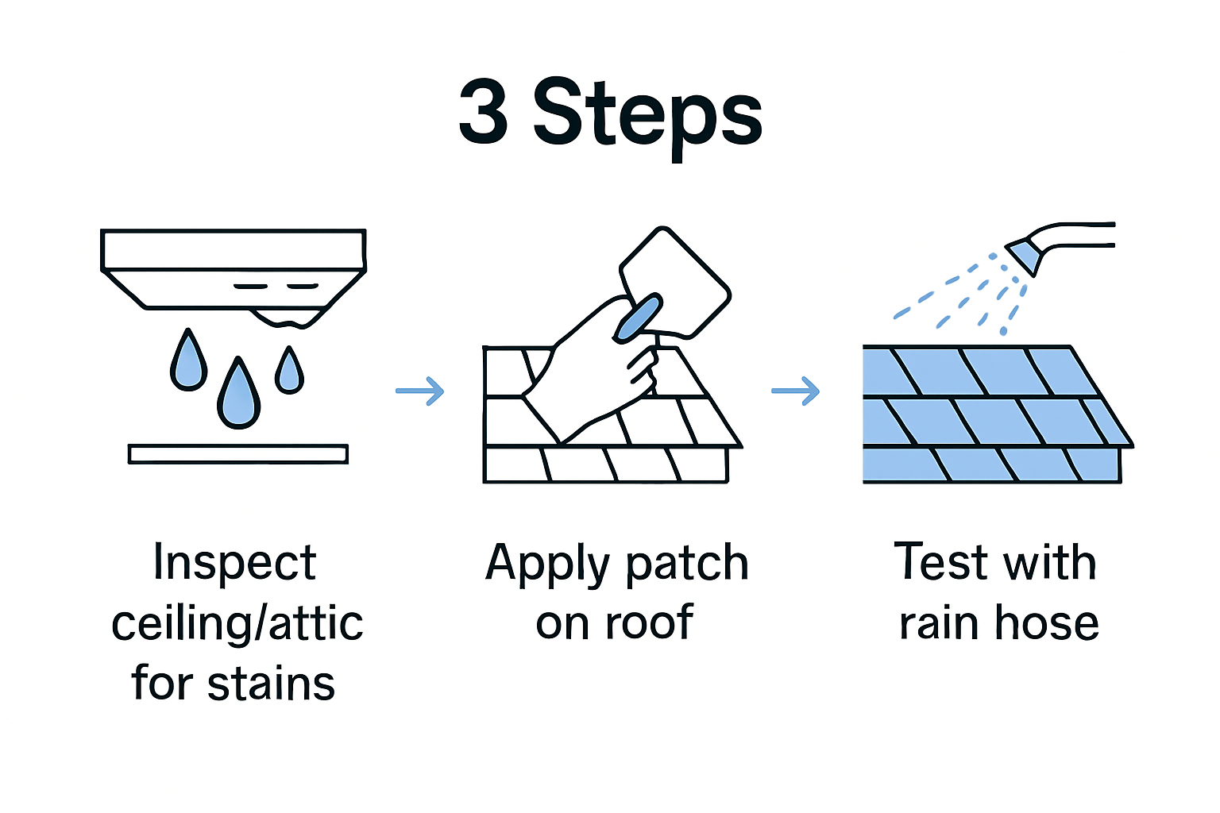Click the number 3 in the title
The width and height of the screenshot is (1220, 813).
484,113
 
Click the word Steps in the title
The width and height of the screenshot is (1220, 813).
647,115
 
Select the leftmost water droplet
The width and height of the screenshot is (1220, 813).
188,364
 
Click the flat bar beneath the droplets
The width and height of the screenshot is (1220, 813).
238,454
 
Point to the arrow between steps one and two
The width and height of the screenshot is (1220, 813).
420,391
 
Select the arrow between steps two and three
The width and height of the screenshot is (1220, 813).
795,391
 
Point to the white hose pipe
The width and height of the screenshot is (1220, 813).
1080,235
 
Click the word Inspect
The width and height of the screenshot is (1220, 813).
234,564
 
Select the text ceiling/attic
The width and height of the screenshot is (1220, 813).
237,624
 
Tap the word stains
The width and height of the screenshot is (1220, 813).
271,684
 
